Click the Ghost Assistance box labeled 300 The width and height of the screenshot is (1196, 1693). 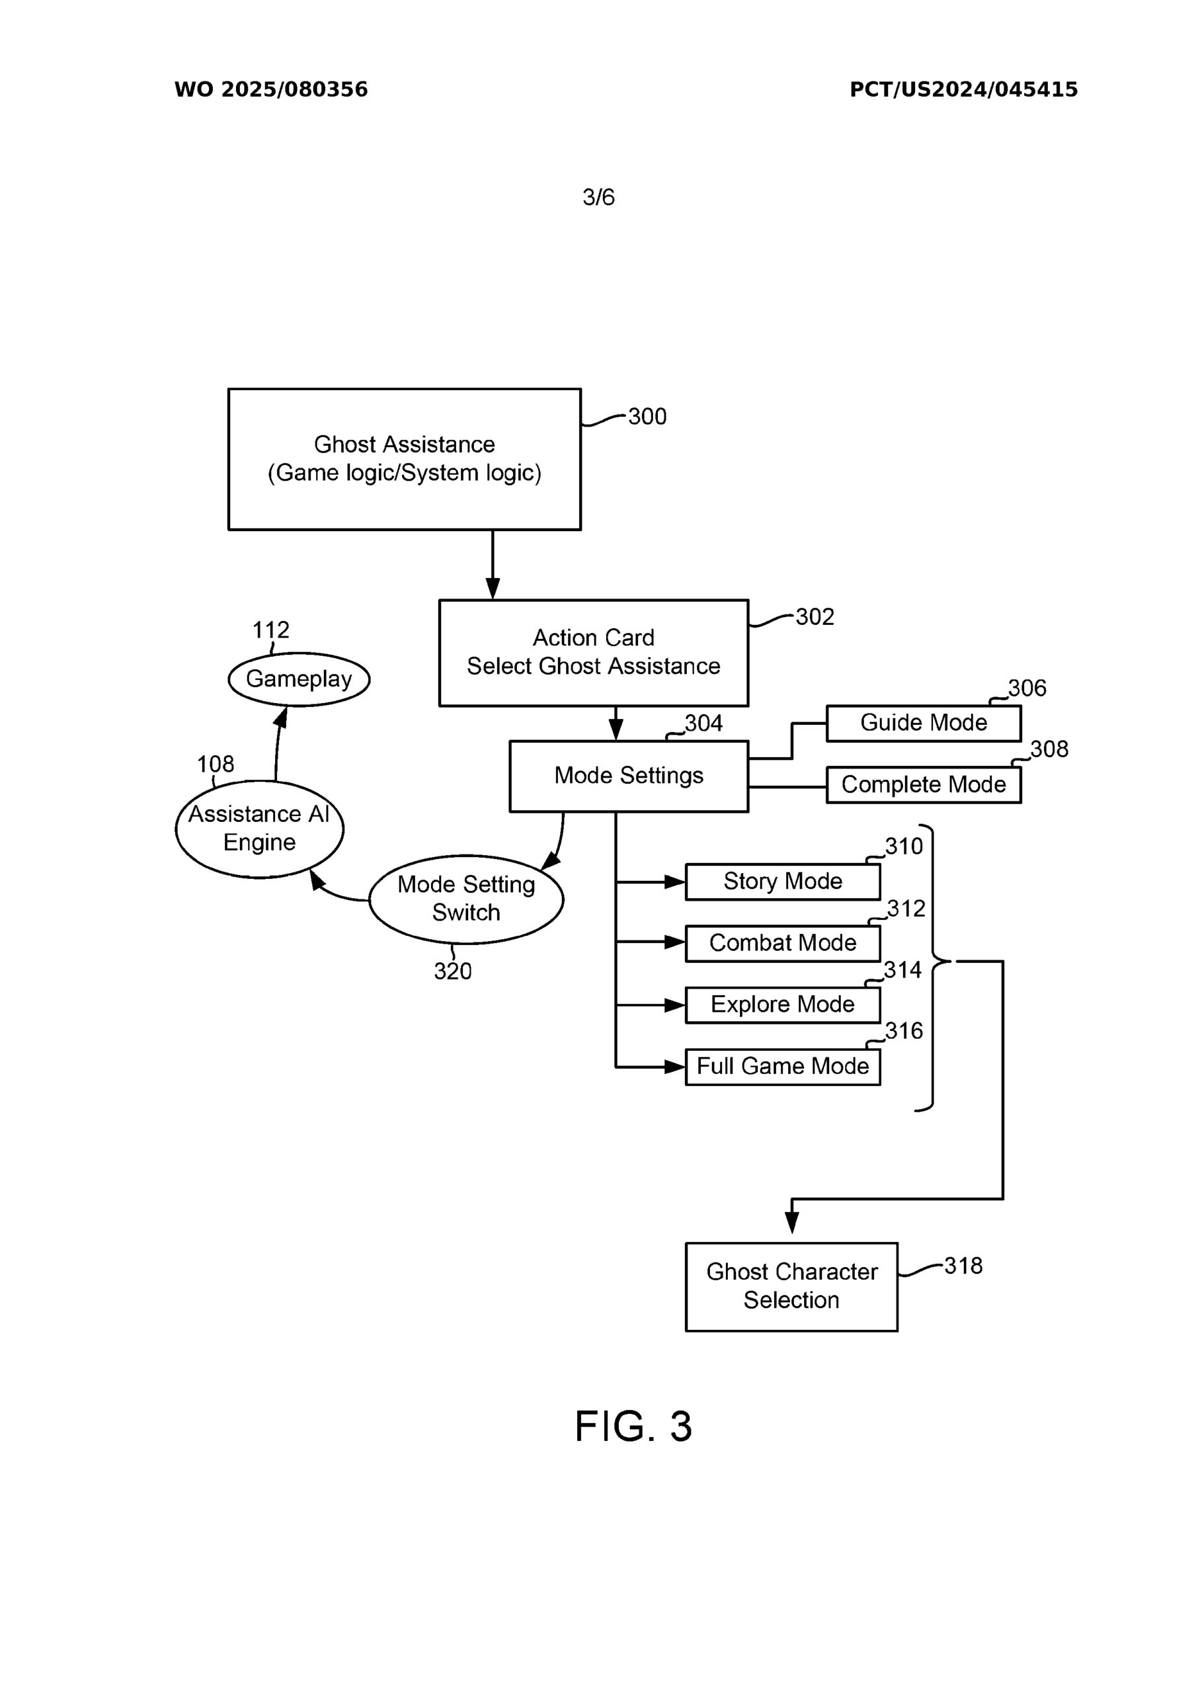[404, 459]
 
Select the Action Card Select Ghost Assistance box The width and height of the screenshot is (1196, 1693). [593, 653]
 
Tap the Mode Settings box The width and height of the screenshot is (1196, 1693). [628, 776]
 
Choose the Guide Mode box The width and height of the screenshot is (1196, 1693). [923, 723]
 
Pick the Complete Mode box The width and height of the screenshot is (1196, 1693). [923, 784]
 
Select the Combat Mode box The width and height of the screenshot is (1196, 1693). [782, 943]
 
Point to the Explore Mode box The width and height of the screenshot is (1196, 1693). [782, 1005]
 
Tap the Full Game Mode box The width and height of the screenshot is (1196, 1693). [782, 1066]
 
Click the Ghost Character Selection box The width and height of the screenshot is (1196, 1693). [791, 1286]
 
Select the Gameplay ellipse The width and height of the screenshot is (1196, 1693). [299, 679]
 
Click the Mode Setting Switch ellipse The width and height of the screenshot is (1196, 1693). [466, 899]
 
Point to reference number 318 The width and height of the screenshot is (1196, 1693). [963, 1266]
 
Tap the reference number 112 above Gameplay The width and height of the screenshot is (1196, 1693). [270, 630]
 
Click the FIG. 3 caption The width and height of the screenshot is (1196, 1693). [633, 1426]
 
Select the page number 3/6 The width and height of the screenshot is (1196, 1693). [598, 197]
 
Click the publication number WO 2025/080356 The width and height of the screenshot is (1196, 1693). [270, 90]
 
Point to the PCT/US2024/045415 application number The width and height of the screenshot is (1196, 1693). [963, 90]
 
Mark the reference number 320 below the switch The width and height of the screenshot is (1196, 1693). [452, 971]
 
